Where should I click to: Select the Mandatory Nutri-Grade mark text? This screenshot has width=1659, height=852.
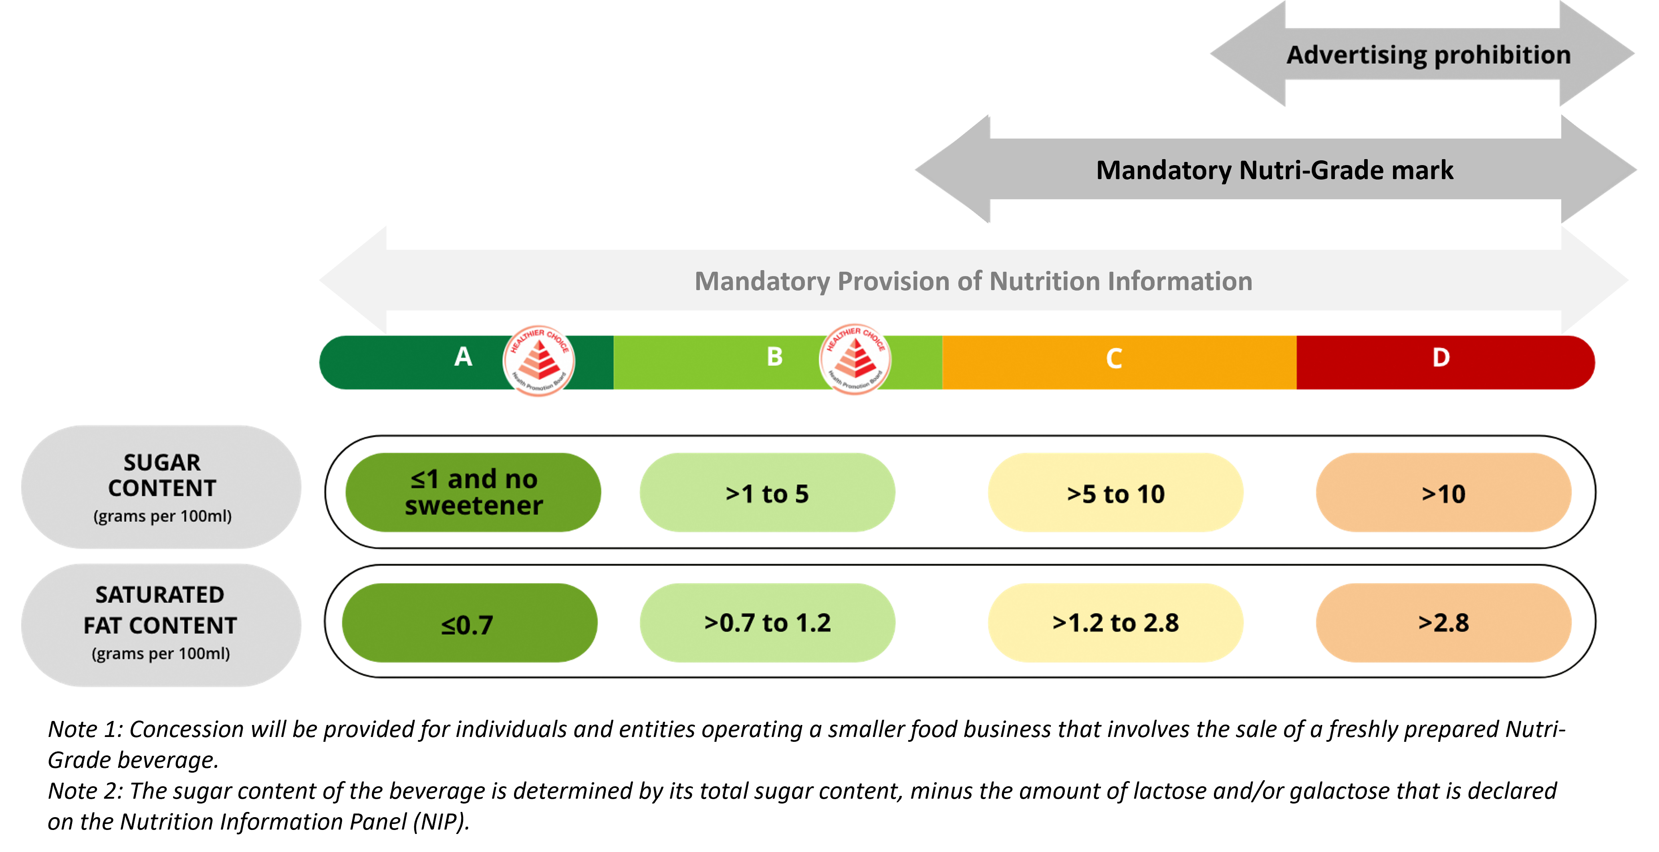[x=1274, y=170]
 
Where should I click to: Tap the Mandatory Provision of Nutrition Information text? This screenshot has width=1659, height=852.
[x=973, y=281]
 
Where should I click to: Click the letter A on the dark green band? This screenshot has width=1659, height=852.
[x=463, y=357]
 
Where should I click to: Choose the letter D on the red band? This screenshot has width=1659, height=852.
[x=1441, y=357]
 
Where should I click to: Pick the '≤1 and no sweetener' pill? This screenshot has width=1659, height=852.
[x=474, y=493]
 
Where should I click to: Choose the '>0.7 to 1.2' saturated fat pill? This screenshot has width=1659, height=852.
[x=767, y=623]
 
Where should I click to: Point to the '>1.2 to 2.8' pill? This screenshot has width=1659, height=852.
[x=1115, y=623]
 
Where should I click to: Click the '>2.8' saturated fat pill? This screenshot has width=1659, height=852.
[x=1443, y=623]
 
